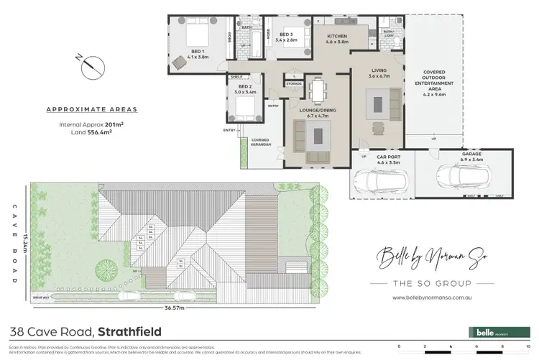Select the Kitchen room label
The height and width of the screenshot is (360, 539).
pos(338,39)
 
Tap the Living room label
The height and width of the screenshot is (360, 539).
pos(378,73)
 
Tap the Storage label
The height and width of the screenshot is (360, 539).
pos(293,84)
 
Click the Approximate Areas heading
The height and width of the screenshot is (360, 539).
pos(91,110)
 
